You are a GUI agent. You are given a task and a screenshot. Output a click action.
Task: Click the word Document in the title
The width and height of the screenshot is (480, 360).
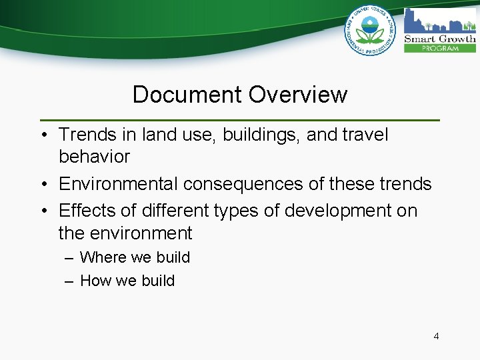pos(188,95)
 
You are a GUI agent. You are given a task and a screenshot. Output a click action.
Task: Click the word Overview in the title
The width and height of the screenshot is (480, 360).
pos(298,95)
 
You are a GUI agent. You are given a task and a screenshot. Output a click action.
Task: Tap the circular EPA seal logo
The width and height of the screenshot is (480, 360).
pos(370,30)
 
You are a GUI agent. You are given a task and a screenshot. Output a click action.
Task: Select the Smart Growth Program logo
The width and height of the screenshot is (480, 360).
pos(440,30)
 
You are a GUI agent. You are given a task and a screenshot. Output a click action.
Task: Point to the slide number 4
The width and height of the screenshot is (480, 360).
pos(436,336)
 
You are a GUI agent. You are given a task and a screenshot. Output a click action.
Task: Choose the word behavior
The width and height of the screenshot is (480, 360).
pos(94,157)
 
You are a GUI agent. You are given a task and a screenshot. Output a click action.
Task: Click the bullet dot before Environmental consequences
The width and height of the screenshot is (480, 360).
pos(43,184)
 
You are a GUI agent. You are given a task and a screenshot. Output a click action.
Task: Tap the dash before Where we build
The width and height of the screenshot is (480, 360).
pos(69,258)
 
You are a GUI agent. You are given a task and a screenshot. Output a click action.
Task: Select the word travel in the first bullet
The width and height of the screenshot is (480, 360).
pos(365,135)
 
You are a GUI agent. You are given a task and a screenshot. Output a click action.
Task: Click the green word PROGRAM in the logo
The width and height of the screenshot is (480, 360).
pos(440,48)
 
